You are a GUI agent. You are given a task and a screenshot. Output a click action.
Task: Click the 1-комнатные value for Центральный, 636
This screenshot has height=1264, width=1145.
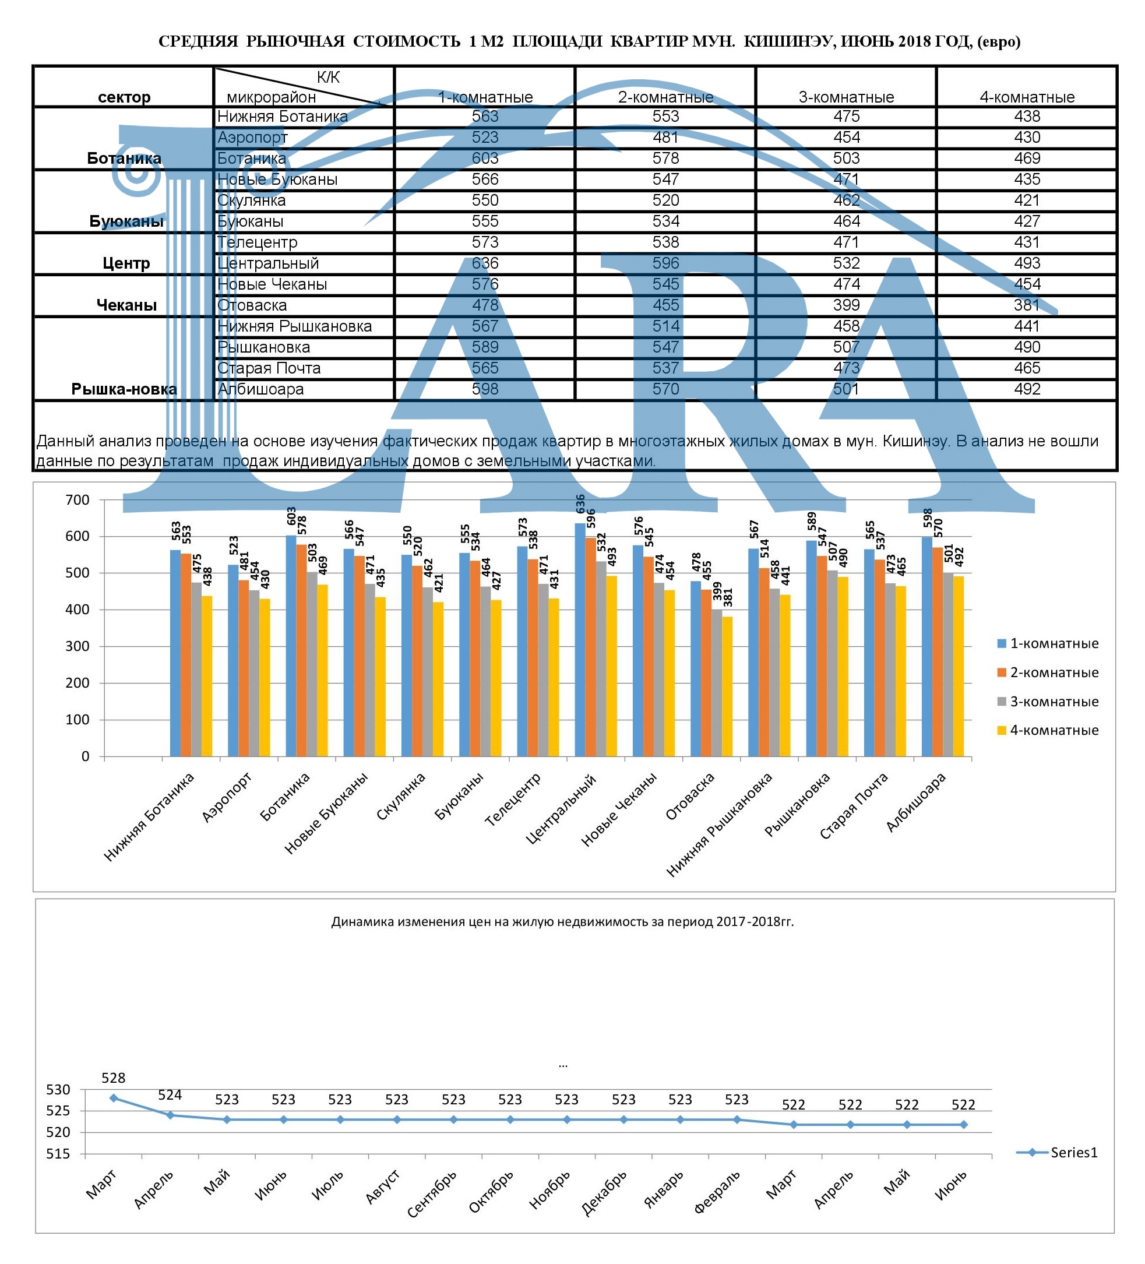[485, 263]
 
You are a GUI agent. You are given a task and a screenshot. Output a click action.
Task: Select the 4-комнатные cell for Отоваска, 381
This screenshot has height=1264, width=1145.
[1027, 305]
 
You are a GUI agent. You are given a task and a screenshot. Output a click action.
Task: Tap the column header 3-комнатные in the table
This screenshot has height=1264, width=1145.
[846, 97]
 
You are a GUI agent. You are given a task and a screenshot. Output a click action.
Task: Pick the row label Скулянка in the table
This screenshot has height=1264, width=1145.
[252, 200]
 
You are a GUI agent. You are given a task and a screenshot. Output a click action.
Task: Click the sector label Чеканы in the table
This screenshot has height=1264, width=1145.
[126, 305]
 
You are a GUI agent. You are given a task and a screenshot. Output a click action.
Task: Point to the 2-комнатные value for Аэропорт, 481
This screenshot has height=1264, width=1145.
[665, 138]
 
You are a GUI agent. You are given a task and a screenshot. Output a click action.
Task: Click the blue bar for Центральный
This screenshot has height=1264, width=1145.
[580, 639]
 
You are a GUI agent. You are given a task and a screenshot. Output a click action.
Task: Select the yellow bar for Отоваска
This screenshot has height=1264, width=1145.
[727, 686]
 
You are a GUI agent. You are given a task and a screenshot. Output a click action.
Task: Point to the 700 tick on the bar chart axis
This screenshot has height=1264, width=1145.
[77, 499]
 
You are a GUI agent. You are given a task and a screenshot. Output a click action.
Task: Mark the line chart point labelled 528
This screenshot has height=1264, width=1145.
[114, 1098]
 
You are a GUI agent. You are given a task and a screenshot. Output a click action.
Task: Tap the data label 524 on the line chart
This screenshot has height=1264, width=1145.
[170, 1095]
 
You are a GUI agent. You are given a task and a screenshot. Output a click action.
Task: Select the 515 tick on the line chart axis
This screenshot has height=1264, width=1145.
[58, 1154]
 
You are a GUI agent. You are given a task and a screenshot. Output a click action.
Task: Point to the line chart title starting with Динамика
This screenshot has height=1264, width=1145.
[562, 921]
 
